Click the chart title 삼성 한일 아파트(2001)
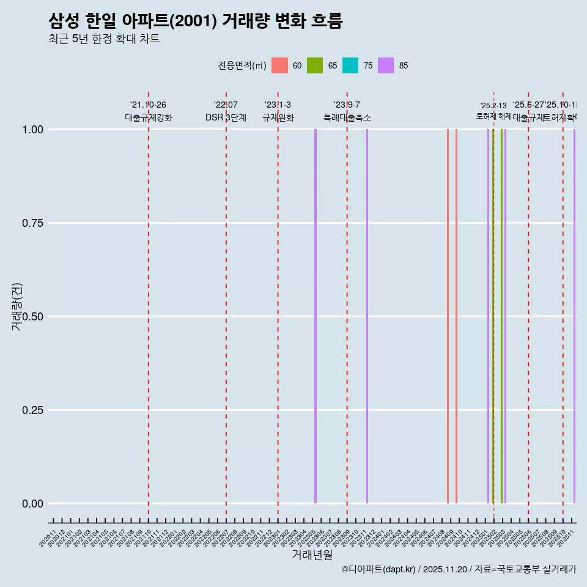click(x=196, y=21)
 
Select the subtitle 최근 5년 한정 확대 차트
click(x=104, y=39)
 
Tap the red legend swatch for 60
click(x=279, y=65)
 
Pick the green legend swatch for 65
click(x=315, y=65)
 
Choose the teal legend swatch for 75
click(x=350, y=65)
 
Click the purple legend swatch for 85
click(x=386, y=65)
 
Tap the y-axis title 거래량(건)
click(x=17, y=306)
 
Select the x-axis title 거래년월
click(x=312, y=555)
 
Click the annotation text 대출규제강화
click(x=149, y=117)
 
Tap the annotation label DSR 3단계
click(x=226, y=117)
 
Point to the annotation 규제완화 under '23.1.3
click(x=278, y=117)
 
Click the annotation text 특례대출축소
click(x=347, y=117)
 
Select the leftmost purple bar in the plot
click(x=316, y=316)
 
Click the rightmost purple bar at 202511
click(x=574, y=316)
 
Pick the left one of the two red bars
click(x=448, y=316)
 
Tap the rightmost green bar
click(x=501, y=316)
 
